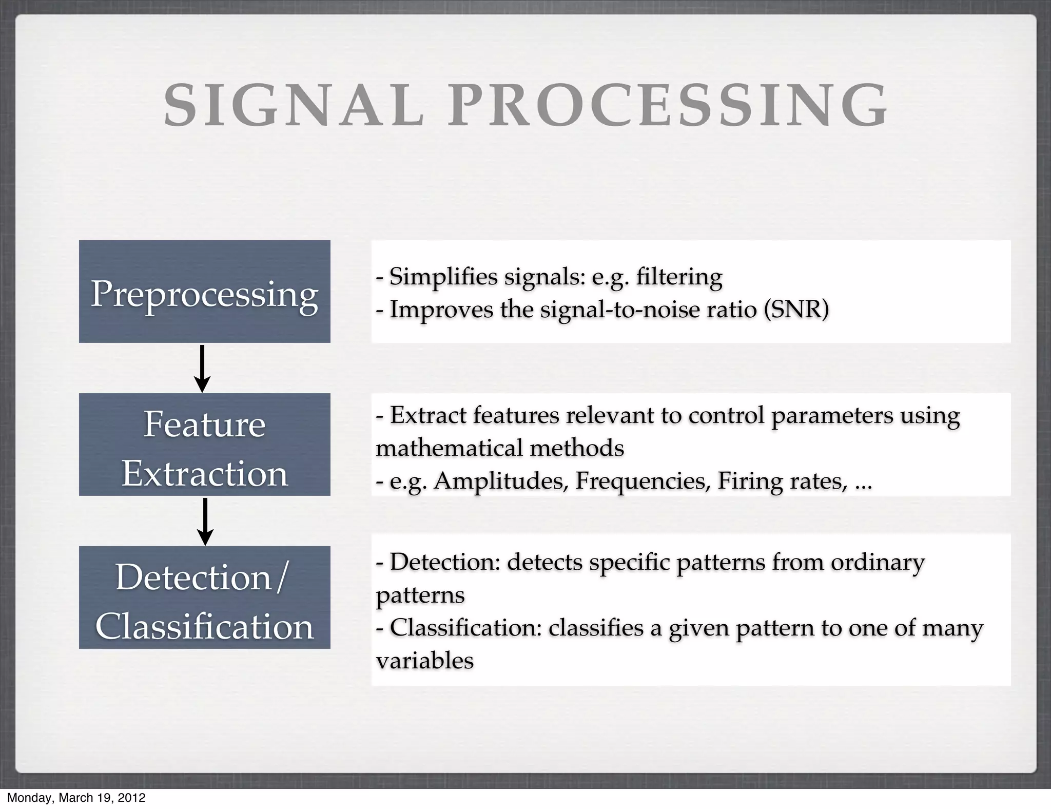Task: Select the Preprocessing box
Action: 204,292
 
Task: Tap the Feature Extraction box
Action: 204,445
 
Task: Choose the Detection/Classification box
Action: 204,598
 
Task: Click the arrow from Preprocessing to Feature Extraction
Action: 202,369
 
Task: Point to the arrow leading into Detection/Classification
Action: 205,522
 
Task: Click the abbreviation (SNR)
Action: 796,310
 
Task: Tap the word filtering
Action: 679,277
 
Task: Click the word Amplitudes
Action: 501,481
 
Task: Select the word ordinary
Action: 878,562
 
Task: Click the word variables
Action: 424,661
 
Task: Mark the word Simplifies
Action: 443,277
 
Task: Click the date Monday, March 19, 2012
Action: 76,798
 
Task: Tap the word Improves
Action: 441,310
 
